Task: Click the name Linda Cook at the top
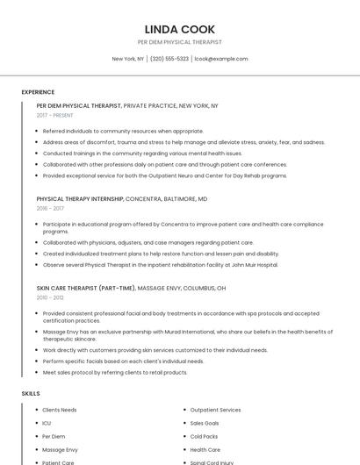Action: pyautogui.click(x=180, y=29)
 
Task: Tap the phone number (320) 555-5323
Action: pyautogui.click(x=169, y=59)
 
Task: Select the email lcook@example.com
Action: pyautogui.click(x=221, y=59)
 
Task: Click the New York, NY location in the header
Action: pyautogui.click(x=128, y=59)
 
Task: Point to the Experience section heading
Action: pyautogui.click(x=38, y=92)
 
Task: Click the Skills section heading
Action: pyautogui.click(x=31, y=393)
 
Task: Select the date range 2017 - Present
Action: pyautogui.click(x=54, y=115)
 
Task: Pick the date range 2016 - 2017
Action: pyautogui.click(x=50, y=209)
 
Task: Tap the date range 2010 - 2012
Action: pyautogui.click(x=50, y=297)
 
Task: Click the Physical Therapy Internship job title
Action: pyautogui.click(x=80, y=199)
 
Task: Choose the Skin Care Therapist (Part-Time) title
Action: pyautogui.click(x=86, y=288)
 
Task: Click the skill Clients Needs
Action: pyautogui.click(x=60, y=410)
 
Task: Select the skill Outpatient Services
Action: pyautogui.click(x=215, y=410)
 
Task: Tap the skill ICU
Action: pyautogui.click(x=47, y=423)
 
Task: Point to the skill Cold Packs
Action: pyautogui.click(x=204, y=436)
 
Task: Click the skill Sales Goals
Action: pyautogui.click(x=205, y=423)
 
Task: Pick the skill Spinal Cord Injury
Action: pyautogui.click(x=211, y=462)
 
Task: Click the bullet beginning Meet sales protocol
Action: pyautogui.click(x=115, y=372)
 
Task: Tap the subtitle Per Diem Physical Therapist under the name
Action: pyautogui.click(x=180, y=42)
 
